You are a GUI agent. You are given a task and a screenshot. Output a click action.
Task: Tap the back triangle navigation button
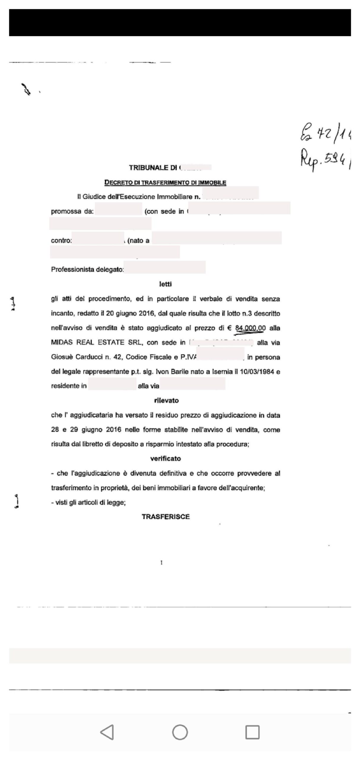point(107,732)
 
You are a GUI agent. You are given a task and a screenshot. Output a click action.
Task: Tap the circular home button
point(180,732)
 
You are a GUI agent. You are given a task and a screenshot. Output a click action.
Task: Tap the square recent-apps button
point(252,732)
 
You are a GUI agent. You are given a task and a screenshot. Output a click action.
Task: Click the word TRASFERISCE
point(166,517)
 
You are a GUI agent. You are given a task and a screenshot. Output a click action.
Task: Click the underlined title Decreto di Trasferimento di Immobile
point(165,183)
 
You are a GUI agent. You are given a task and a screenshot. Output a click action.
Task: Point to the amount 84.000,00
point(250,328)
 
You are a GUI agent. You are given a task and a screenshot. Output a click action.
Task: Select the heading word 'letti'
point(165,284)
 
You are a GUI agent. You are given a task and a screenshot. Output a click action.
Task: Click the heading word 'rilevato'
point(166,400)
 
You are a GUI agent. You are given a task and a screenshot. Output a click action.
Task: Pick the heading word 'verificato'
point(165,459)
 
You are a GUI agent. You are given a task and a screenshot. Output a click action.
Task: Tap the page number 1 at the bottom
point(161,563)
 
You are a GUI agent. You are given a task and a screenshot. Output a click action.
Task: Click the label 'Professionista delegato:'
point(87,270)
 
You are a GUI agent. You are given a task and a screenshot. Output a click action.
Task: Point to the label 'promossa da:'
point(72,211)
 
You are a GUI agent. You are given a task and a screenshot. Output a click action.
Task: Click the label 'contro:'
point(61,240)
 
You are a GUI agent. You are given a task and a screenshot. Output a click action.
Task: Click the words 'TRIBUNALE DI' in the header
point(153,168)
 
